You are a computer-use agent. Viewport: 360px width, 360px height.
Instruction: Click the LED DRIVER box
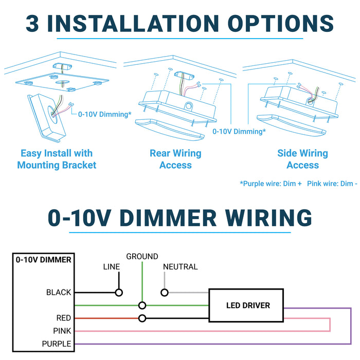point(248,305)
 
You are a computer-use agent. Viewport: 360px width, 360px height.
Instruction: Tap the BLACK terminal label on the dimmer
point(59,293)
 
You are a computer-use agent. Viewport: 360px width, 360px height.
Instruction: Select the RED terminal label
point(64,318)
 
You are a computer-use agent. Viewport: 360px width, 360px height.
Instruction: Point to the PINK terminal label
point(62,331)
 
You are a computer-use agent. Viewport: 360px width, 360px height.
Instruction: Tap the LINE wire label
point(112,267)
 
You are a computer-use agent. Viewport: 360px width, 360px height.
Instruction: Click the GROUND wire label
point(142,256)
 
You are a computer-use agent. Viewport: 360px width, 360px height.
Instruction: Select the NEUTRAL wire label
point(180,267)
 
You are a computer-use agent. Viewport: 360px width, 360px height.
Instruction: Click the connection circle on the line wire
point(119,293)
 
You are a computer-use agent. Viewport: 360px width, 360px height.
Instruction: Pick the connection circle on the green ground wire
point(142,305)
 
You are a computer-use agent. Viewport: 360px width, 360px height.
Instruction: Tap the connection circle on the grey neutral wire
point(165,293)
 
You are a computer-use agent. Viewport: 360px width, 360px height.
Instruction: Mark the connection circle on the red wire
point(142,318)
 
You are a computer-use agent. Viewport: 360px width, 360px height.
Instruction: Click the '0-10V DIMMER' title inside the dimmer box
point(44,260)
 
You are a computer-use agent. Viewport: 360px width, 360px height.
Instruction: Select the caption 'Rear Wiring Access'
point(175,159)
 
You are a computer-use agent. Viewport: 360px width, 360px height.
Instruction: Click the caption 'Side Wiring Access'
point(302,159)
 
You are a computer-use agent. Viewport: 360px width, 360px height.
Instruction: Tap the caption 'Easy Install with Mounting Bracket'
point(57,159)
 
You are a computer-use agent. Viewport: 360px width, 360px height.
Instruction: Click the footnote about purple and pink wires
point(298,184)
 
